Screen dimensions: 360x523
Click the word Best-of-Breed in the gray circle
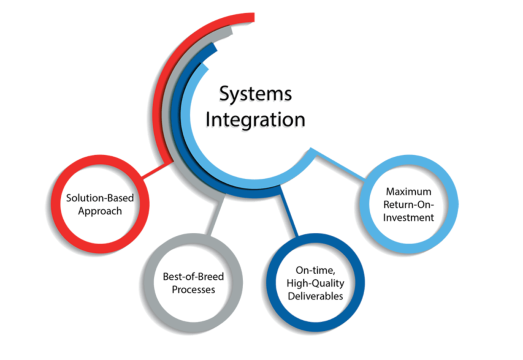coord(193,277)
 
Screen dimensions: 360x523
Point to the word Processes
coord(193,290)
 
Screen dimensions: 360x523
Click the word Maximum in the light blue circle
coord(408,192)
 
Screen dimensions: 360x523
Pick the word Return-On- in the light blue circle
coord(408,205)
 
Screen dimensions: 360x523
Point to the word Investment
coord(408,218)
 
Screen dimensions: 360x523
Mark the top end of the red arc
coord(250,18)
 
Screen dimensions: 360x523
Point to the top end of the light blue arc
coord(204,66)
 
